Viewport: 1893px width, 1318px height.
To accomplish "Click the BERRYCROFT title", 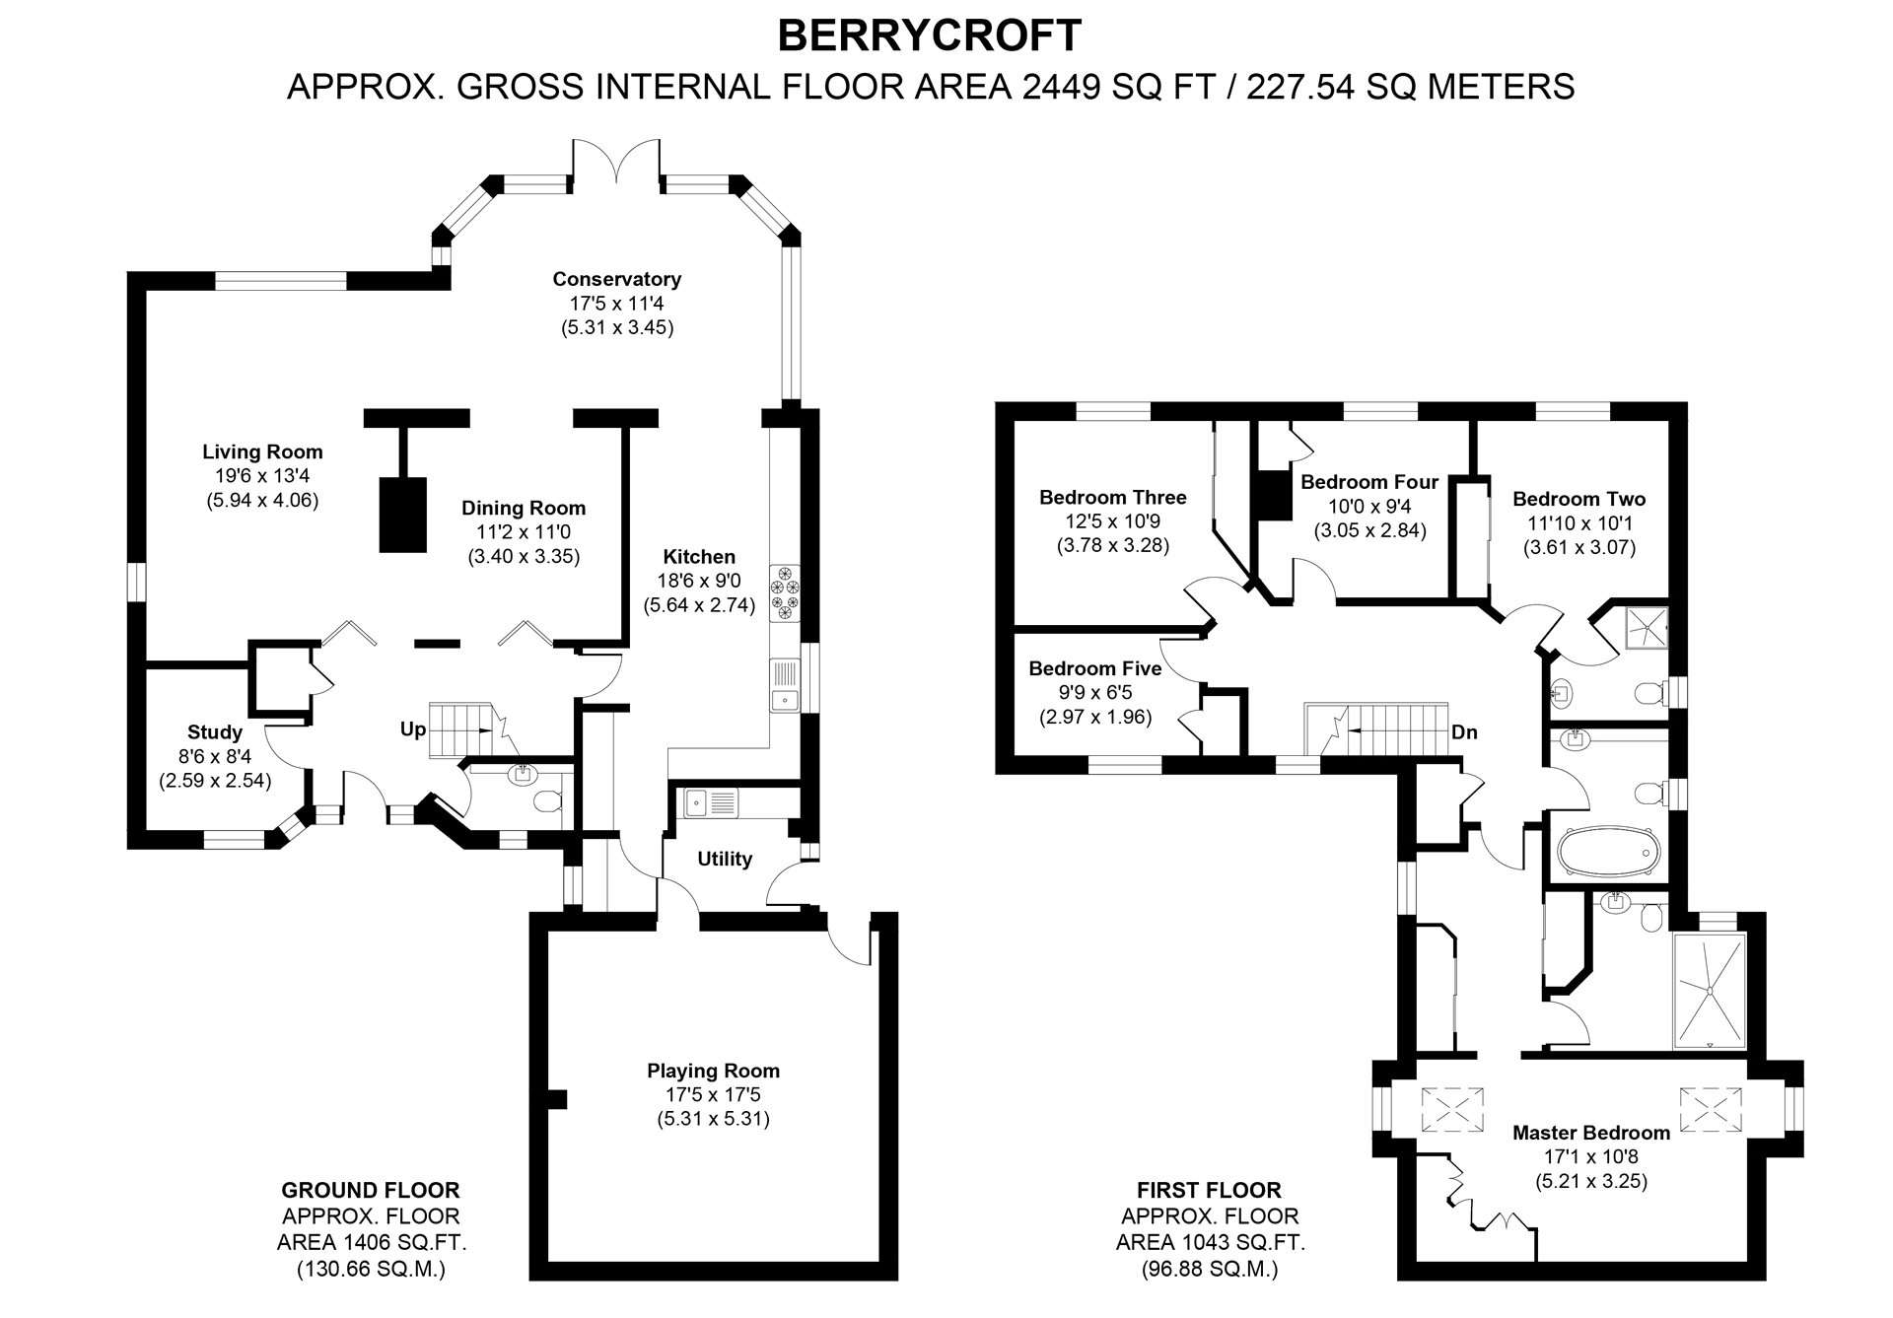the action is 930,35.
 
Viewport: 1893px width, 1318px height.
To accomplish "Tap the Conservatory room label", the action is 616,279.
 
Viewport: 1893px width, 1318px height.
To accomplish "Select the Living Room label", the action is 262,452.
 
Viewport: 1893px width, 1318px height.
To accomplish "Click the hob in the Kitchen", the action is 787,593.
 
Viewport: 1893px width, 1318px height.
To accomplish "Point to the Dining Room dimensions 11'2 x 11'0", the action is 524,532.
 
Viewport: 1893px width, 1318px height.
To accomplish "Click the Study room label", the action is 215,732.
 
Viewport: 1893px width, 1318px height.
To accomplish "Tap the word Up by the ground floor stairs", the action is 413,729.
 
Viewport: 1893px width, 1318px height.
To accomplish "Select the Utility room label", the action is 725,859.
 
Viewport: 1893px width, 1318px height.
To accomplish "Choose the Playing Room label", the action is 713,1071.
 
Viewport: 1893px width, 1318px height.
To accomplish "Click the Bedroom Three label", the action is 1113,498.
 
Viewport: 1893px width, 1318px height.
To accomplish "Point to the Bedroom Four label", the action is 1369,482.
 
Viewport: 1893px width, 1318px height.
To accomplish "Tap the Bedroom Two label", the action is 1579,499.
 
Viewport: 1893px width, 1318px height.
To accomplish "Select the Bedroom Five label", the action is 1095,668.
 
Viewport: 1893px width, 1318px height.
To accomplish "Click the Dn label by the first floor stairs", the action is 1464,732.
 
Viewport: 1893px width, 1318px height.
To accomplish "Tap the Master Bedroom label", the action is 1591,1133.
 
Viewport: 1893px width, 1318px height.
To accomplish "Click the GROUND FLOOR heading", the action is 371,1190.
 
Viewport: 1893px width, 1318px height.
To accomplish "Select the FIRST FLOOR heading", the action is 1209,1190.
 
